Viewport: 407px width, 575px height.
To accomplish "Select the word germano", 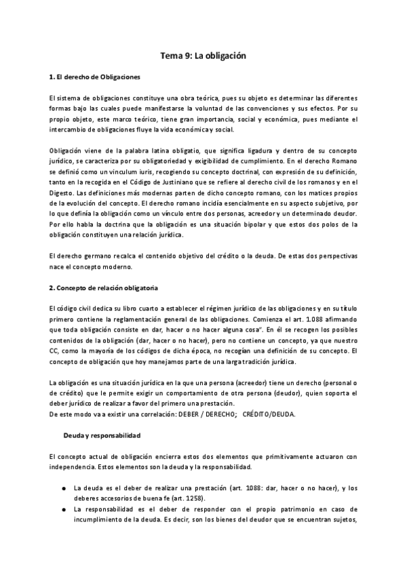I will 96,255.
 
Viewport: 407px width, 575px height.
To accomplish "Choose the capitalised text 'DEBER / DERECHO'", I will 202,414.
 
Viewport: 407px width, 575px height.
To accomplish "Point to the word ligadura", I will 277,150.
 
